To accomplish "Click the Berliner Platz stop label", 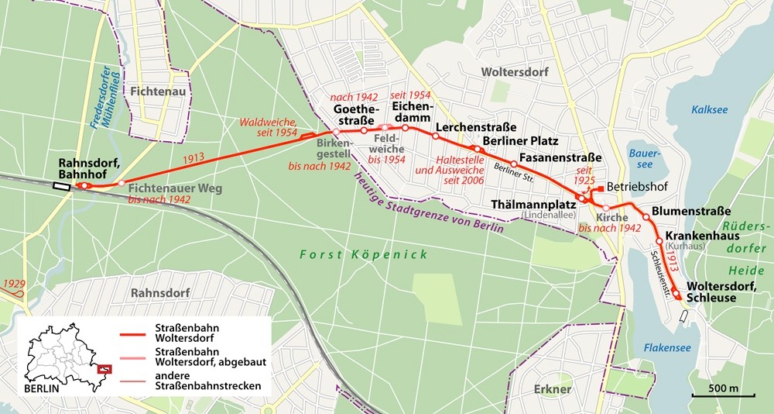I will [519, 141].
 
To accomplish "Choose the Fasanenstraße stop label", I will [560, 157].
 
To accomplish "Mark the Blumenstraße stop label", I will [691, 210].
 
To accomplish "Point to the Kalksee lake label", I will [710, 109].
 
